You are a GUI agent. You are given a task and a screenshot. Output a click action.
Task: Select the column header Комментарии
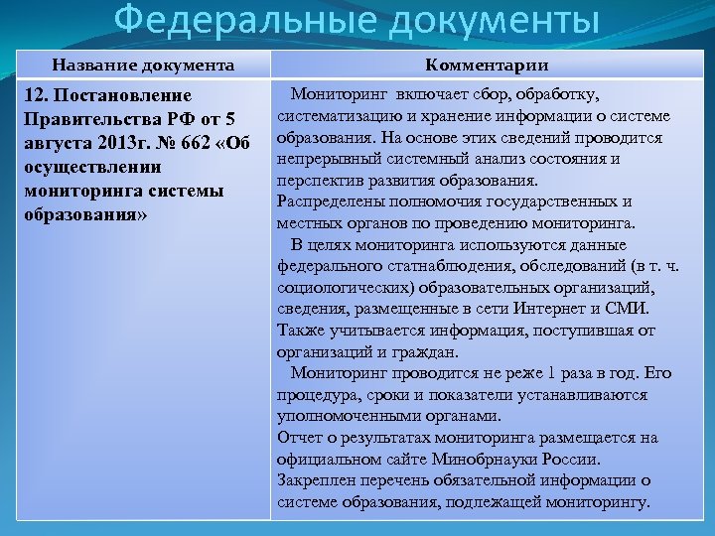[487, 66]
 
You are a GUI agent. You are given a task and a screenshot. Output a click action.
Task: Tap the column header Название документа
[144, 66]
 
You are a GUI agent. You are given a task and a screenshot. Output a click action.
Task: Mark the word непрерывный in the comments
[325, 159]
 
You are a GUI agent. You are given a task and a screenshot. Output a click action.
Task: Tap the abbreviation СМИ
[630, 309]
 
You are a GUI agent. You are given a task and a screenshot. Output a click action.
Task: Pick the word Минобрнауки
[480, 459]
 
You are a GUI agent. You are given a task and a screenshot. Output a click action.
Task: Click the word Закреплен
[315, 480]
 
